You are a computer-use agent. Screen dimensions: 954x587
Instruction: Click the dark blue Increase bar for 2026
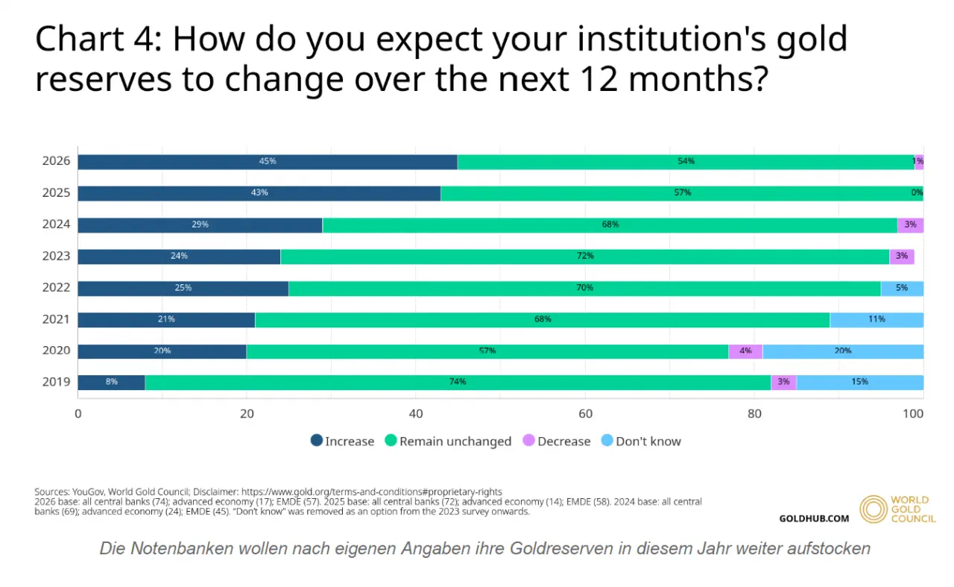[268, 162]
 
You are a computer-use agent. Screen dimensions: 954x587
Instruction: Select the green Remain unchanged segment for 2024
[610, 225]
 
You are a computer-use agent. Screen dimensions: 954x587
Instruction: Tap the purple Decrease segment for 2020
[745, 352]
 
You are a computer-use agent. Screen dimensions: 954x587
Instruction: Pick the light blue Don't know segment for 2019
[860, 383]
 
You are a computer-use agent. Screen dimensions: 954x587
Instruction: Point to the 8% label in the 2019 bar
[112, 382]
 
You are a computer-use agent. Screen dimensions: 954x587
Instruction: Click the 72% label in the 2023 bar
[585, 256]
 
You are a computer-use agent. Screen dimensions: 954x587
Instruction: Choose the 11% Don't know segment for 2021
[876, 320]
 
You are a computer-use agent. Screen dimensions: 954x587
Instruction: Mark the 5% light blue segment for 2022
[902, 289]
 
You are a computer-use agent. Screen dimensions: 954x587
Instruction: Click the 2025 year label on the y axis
[56, 192]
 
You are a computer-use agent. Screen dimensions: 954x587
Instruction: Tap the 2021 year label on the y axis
[56, 319]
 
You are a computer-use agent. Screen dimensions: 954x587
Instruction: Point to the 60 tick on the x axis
[585, 414]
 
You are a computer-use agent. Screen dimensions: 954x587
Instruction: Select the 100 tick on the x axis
[913, 414]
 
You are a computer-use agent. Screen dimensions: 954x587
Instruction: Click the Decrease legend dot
[528, 440]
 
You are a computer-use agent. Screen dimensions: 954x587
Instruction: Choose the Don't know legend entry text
[648, 442]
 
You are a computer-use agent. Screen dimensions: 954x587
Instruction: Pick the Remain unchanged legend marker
[391, 440]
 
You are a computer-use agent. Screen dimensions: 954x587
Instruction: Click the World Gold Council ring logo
[873, 509]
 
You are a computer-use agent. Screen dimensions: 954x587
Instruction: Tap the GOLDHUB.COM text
[814, 518]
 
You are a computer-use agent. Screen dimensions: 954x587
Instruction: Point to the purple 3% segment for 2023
[902, 257]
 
